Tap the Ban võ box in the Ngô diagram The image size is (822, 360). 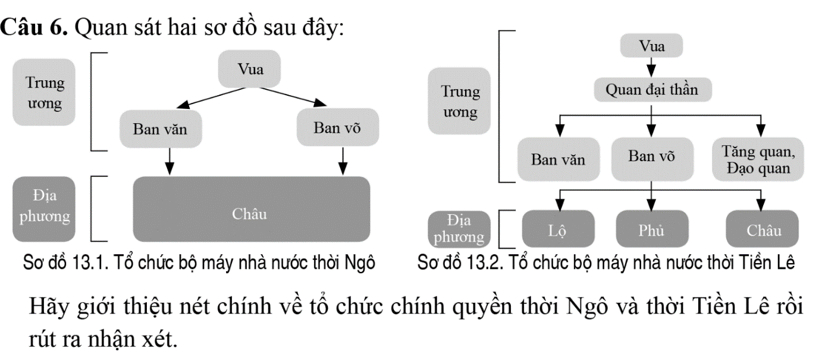[x=337, y=127]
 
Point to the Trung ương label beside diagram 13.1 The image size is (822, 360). [x=45, y=92]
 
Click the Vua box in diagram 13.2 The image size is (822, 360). [x=652, y=46]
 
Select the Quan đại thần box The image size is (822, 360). [x=652, y=90]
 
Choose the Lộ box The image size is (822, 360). [x=558, y=229]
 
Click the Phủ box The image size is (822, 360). [x=652, y=229]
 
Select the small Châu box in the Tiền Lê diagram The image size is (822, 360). [x=764, y=229]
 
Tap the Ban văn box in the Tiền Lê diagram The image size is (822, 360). [x=559, y=159]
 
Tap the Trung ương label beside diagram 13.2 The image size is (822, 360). [x=460, y=101]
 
